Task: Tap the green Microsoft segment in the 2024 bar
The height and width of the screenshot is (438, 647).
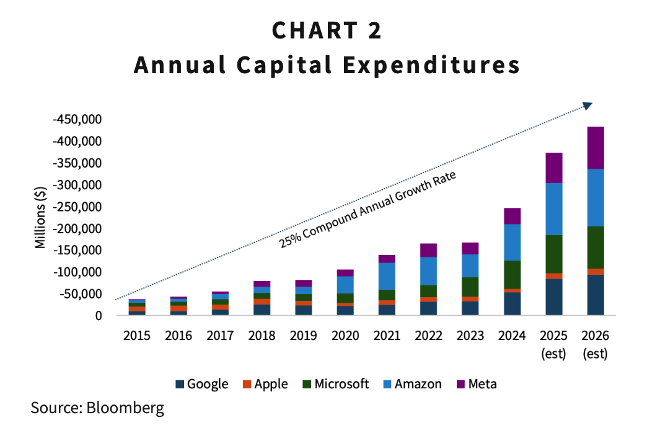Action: (512, 274)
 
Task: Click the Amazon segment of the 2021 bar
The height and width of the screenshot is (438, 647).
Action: (387, 276)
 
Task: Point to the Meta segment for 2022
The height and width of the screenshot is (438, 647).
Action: (428, 250)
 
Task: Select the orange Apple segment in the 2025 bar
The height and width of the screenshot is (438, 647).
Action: (553, 276)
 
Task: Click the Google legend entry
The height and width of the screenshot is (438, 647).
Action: (202, 384)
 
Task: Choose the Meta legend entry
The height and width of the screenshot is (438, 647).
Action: (476, 384)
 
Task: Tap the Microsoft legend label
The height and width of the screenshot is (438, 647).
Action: (341, 384)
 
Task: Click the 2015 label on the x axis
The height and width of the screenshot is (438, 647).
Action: (137, 336)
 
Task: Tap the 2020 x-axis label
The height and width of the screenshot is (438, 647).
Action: (345, 336)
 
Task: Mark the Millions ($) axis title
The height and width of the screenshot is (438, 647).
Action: (41, 218)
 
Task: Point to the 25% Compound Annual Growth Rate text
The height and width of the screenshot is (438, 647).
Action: (368, 210)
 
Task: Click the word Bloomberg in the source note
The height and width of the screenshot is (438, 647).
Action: (126, 408)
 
